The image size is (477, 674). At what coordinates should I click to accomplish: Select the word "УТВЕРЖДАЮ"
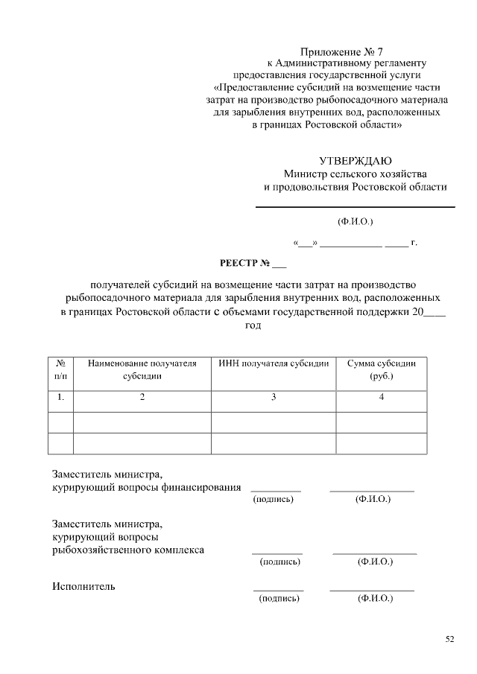356,161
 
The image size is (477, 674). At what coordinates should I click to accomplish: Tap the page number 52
449,638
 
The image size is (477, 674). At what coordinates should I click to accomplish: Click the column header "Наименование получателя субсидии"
142,369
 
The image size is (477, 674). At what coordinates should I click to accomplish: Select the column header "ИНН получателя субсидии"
274,363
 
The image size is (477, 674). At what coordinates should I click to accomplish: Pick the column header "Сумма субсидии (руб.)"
382,369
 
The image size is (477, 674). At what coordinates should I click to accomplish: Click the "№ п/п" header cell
60,369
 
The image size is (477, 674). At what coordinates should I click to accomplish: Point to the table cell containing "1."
60,398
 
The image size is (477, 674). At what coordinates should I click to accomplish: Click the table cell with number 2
142,398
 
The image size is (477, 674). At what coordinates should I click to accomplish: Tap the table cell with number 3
274,398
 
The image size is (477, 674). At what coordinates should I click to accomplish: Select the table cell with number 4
382,398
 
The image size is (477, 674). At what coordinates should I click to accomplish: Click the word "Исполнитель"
83,586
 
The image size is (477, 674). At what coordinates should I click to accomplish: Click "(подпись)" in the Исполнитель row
278,598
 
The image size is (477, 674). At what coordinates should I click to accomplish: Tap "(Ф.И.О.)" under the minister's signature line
356,221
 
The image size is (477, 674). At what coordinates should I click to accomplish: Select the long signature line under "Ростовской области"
356,206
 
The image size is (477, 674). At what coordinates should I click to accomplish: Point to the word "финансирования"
203,487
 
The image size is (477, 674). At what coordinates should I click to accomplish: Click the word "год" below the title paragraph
253,325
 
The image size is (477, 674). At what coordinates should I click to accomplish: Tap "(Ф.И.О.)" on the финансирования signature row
373,499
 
